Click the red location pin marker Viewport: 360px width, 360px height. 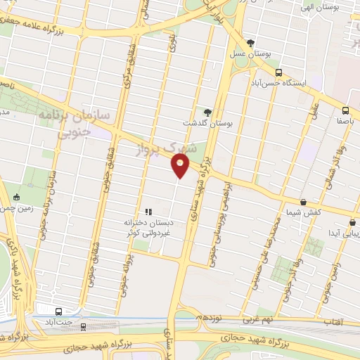click(181, 166)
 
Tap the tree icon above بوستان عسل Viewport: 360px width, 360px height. click(250, 43)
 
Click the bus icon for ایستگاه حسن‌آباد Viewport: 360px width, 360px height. click(279, 72)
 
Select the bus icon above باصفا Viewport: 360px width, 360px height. click(345, 110)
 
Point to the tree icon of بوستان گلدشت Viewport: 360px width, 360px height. click(207, 112)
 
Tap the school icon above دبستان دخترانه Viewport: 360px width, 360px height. click(148, 212)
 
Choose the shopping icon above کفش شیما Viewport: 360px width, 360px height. click(303, 201)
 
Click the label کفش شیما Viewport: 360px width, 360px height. click(304, 212)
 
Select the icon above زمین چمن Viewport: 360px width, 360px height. click(17, 198)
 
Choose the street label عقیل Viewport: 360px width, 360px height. click(314, 110)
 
